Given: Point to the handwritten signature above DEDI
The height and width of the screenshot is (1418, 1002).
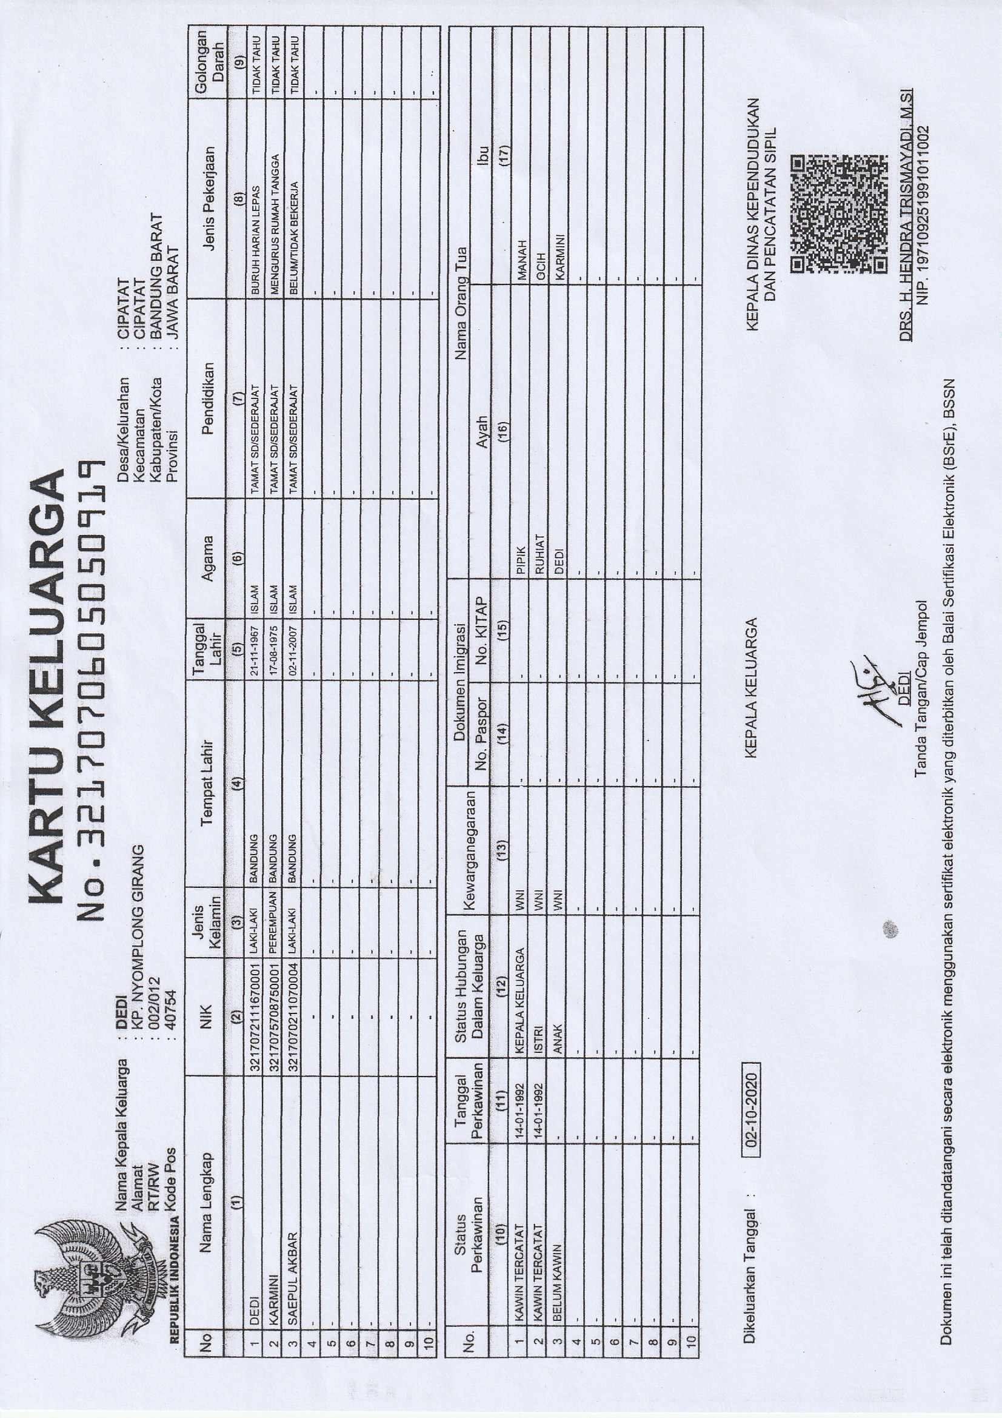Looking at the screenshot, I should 877,691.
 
